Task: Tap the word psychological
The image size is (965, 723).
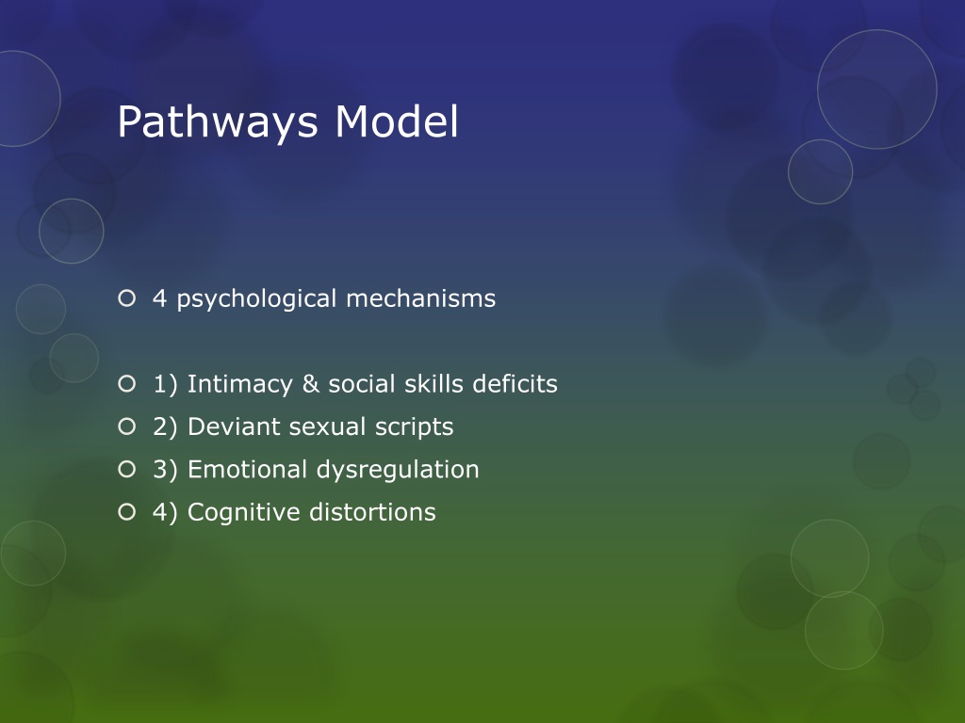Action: pyautogui.click(x=257, y=299)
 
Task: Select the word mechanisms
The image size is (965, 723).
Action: pyautogui.click(x=420, y=299)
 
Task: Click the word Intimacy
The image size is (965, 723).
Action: pyautogui.click(x=236, y=384)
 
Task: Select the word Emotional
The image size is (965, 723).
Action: pyautogui.click(x=248, y=469)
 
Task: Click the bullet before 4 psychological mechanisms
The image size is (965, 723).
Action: pyautogui.click(x=127, y=299)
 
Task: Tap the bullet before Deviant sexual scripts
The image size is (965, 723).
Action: pyautogui.click(x=127, y=427)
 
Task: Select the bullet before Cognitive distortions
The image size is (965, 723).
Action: pyautogui.click(x=127, y=512)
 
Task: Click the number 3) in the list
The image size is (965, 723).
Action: pyautogui.click(x=166, y=470)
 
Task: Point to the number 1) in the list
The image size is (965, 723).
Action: pyautogui.click(x=166, y=384)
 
